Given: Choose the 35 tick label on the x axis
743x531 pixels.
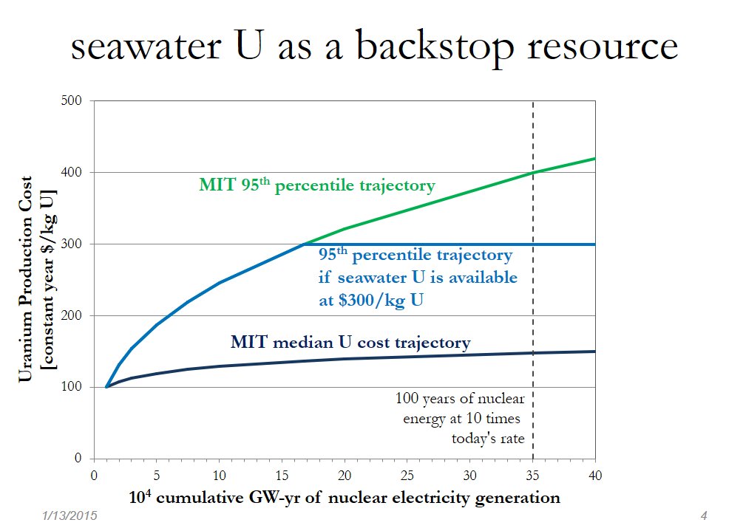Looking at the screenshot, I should tap(532, 473).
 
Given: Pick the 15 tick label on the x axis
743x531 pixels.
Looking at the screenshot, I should tap(282, 473).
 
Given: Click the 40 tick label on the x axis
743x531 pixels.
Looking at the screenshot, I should tap(594, 473).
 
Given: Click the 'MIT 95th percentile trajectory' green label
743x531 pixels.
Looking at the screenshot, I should tap(317, 185).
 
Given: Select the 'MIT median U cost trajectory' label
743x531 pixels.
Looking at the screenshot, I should tap(350, 343).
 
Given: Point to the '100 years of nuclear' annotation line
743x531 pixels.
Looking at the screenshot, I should tap(460, 400).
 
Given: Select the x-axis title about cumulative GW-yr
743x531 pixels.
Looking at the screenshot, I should tap(326, 497).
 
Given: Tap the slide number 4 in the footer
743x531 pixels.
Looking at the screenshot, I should tap(703, 515).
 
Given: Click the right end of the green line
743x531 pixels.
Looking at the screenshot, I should tap(594, 159).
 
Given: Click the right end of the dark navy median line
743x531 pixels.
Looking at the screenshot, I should tap(594, 352).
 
